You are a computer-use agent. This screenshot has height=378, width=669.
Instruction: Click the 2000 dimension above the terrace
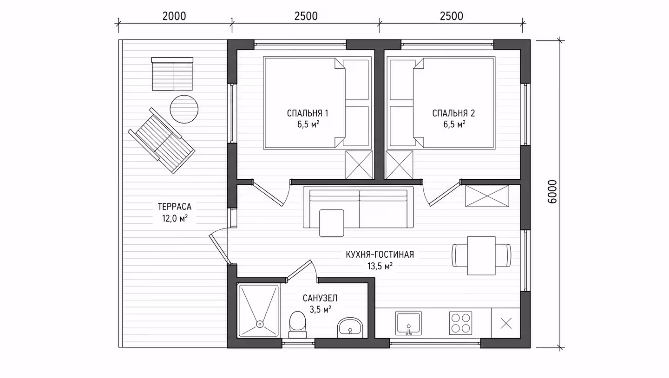(174, 16)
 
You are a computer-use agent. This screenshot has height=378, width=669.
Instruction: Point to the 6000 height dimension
(552, 192)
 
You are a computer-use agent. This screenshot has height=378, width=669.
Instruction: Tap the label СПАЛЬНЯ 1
(308, 113)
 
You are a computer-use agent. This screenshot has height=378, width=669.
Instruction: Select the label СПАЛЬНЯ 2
(453, 113)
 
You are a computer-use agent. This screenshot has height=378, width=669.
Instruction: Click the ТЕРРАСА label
(174, 207)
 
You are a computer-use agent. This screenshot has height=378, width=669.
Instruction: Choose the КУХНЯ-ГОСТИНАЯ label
(380, 254)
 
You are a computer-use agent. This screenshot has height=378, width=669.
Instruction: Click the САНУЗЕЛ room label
(320, 298)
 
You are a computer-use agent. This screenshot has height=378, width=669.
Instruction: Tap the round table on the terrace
(184, 109)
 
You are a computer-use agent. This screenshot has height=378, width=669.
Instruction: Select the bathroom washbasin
(350, 328)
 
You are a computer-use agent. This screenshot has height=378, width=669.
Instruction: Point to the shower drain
(260, 324)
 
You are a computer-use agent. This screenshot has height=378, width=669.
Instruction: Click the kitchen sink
(408, 323)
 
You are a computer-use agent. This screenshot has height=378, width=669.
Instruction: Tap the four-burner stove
(460, 323)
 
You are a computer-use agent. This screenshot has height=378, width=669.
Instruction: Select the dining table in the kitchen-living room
(481, 255)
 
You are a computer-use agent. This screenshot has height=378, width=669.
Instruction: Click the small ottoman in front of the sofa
(332, 223)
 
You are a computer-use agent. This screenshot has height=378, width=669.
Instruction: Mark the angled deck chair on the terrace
(162, 140)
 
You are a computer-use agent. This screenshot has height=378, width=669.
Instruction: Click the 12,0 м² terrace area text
(175, 219)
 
